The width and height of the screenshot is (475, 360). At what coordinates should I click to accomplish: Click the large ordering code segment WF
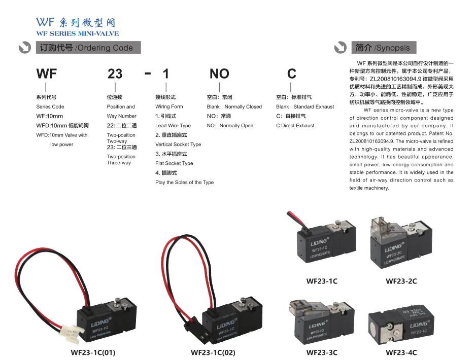pos(47,74)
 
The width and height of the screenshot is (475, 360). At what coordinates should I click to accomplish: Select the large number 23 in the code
pos(115,74)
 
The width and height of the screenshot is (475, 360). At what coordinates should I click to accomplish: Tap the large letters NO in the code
pos(219,74)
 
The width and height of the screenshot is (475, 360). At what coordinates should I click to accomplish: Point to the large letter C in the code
pos(291,74)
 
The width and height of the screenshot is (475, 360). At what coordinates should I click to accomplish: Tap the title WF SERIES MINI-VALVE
pos(78,33)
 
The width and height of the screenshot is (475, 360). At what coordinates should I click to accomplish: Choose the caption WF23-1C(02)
pos(213,352)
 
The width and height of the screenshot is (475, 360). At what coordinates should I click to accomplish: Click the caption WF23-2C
pos(401,281)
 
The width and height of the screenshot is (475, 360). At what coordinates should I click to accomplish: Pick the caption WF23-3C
pos(322,352)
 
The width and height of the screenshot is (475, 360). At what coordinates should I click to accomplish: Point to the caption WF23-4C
pos(401,352)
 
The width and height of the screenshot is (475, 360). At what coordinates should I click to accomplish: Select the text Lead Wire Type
pos(173,126)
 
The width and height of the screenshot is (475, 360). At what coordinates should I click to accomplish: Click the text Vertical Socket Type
pos(178,145)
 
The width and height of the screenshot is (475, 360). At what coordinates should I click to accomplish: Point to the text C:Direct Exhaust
pos(295,126)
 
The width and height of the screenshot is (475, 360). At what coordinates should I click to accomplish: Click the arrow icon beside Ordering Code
pos(24,48)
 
